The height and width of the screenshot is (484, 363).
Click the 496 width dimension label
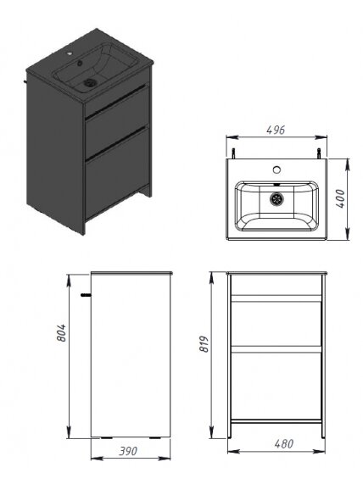[276, 130]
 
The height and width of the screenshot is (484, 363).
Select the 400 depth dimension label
[340, 199]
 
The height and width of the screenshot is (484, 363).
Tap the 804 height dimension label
[61, 333]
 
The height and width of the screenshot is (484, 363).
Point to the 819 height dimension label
[204, 344]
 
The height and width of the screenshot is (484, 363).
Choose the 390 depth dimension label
[128, 451]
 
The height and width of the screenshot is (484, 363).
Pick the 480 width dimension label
[284, 444]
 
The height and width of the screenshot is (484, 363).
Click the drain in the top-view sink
[276, 199]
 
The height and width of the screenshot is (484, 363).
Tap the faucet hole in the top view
[276, 170]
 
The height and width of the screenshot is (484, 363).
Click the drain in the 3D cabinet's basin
[91, 82]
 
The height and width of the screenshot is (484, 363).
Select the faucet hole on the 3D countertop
[70, 54]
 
